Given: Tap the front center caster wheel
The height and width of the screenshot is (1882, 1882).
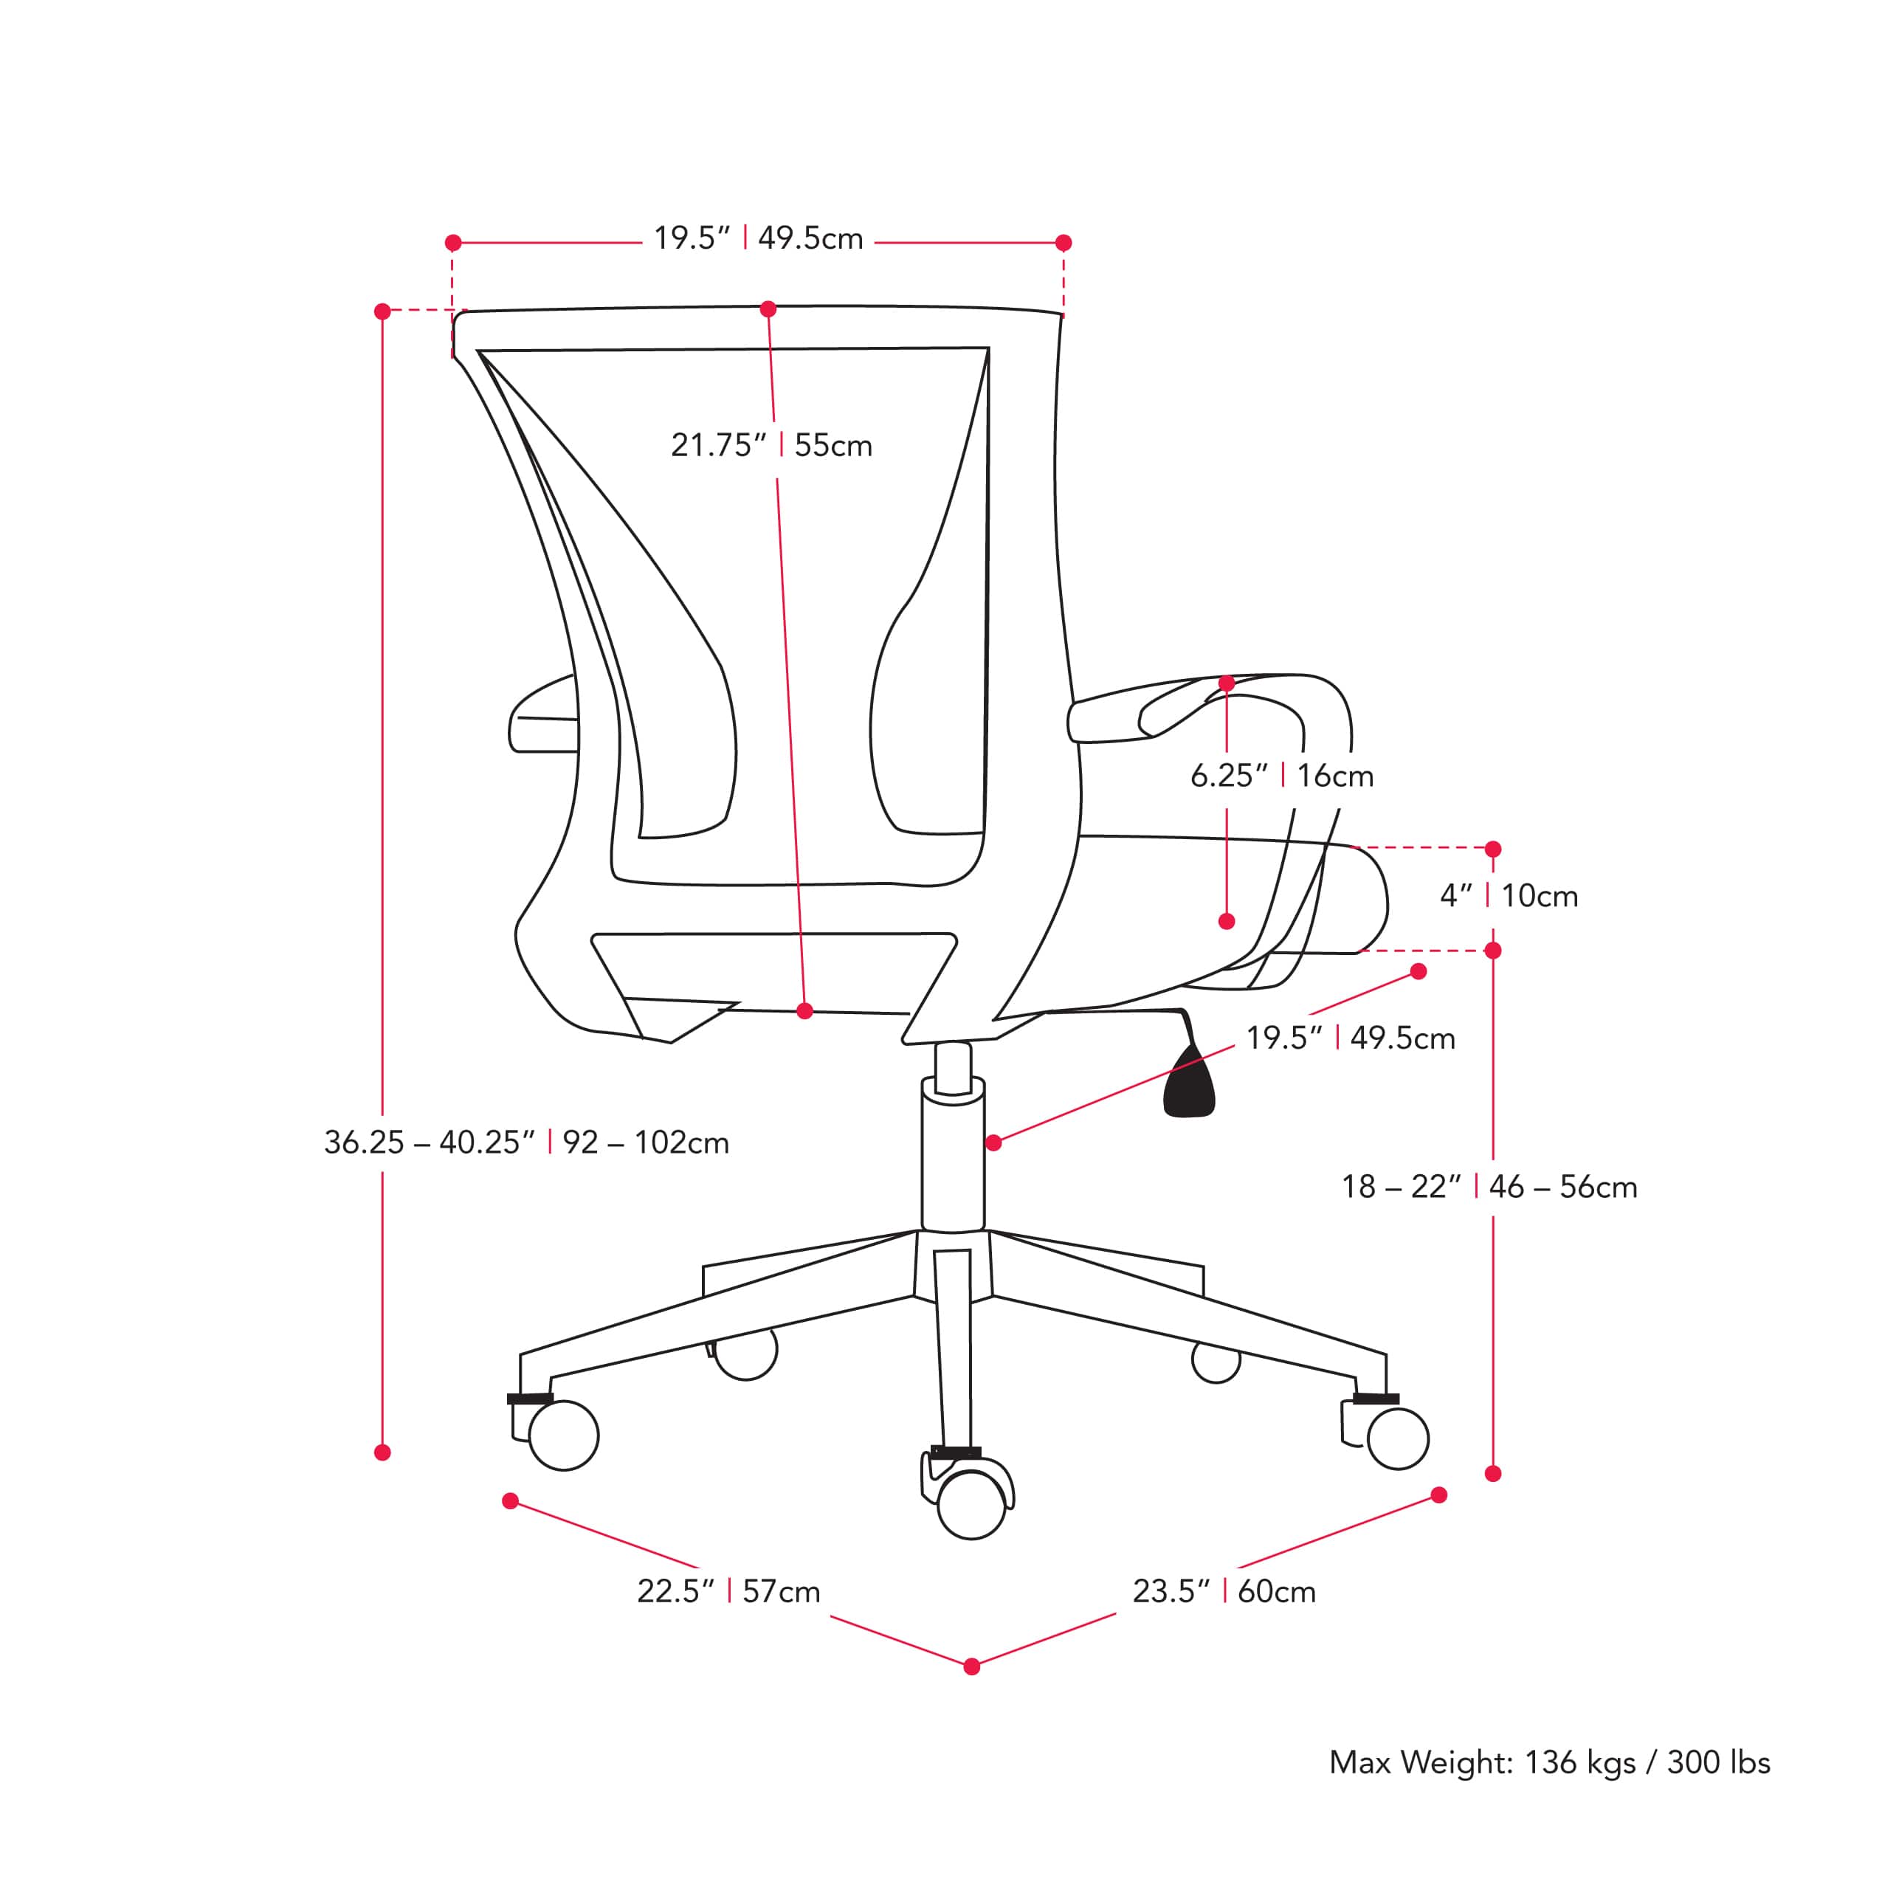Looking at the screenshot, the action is [x=971, y=1504].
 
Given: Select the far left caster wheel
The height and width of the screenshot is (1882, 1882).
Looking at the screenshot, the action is [x=563, y=1435].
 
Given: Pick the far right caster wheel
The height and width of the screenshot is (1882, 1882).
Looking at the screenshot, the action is [x=1398, y=1438].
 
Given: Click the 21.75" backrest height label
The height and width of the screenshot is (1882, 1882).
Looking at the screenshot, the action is [x=771, y=445].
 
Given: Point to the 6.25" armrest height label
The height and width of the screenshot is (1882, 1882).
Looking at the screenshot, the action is [x=1282, y=776].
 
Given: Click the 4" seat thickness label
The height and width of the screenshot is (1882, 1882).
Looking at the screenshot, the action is [x=1509, y=895].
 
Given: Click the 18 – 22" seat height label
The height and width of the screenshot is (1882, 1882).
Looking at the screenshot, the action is [x=1489, y=1187].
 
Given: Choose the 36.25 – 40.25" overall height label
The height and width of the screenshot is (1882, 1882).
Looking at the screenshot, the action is [x=526, y=1142].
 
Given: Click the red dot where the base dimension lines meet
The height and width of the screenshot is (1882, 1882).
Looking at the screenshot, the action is [x=971, y=1666].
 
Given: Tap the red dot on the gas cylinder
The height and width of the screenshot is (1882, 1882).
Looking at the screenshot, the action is [x=993, y=1142].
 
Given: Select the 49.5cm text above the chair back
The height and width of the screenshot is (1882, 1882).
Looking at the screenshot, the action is [x=810, y=238].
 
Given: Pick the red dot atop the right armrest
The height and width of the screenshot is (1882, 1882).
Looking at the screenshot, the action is [x=1227, y=684].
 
